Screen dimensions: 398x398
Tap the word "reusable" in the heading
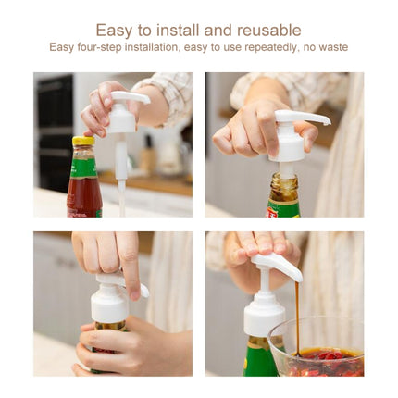(x=267, y=31)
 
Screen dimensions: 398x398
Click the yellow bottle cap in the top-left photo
(x=83, y=142)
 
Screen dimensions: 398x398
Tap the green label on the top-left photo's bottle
(x=83, y=168)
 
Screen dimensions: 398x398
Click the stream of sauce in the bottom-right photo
(x=297, y=315)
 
